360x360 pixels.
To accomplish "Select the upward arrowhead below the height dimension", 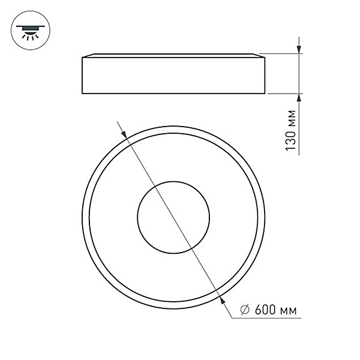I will [x=298, y=99].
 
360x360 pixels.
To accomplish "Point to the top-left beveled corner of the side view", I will [x=83, y=57].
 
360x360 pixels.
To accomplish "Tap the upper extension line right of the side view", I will [x=282, y=54].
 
